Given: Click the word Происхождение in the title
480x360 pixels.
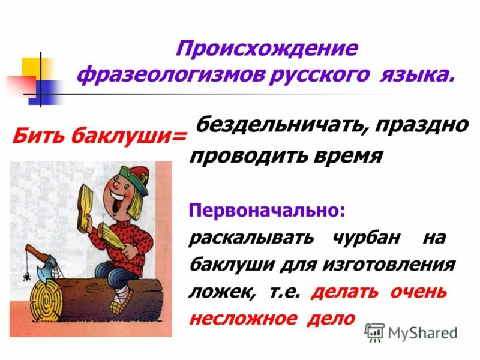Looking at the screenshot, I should tap(266, 49).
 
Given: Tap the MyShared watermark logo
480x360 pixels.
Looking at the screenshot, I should tap(412, 332).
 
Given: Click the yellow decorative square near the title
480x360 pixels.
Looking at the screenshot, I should tap(31, 66).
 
